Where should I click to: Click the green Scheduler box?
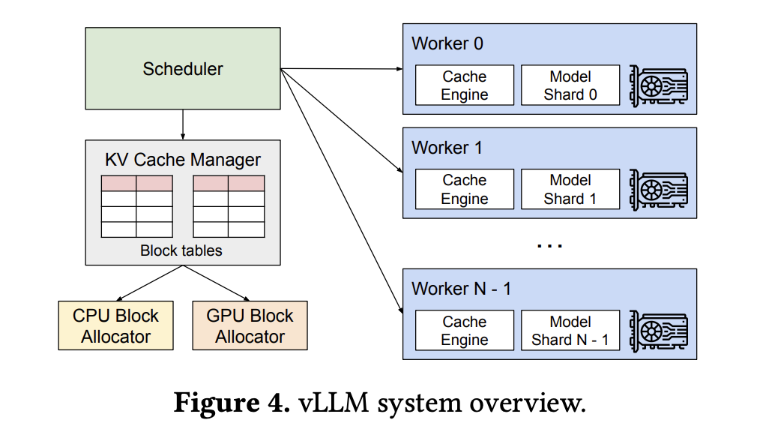click(x=183, y=69)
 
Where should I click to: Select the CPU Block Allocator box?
click(x=115, y=325)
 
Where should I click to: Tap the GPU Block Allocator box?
click(x=250, y=325)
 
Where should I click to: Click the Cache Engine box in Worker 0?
click(x=465, y=85)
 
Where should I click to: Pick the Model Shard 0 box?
click(x=570, y=85)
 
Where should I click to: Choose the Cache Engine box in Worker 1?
click(x=465, y=189)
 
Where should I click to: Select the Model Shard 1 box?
click(x=570, y=189)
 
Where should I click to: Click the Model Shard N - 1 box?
click(x=570, y=331)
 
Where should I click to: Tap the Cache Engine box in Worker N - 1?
click(x=465, y=331)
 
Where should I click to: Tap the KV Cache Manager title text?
click(x=183, y=160)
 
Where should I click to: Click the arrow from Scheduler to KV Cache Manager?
click(x=183, y=124)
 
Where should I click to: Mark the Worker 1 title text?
click(x=447, y=147)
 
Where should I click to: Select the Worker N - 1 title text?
click(x=461, y=289)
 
